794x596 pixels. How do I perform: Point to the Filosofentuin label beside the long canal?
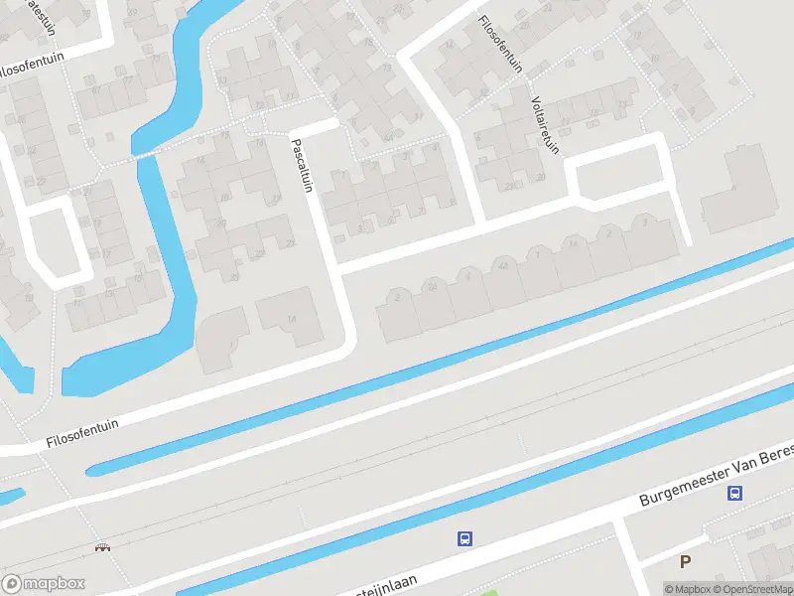click(x=82, y=435)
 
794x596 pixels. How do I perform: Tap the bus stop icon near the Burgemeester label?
click(x=734, y=494)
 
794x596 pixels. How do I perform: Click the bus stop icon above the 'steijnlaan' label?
click(x=463, y=539)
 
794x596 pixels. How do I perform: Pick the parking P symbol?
click(x=685, y=561)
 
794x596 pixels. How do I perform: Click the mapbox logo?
click(x=44, y=584)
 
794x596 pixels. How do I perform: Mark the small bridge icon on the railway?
click(x=101, y=546)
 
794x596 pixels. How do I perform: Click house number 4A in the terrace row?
click(x=504, y=265)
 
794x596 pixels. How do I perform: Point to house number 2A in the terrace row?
click(x=434, y=286)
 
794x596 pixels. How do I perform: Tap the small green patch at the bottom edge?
click(x=488, y=593)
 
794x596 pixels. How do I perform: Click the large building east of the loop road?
click(x=739, y=189)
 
